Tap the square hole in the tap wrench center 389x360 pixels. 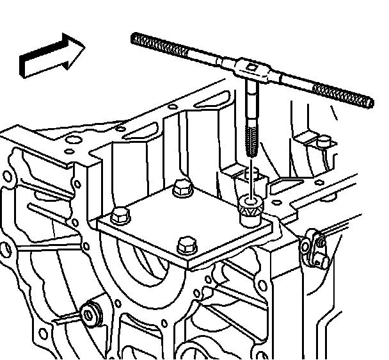253,67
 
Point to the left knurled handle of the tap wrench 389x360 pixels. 173,48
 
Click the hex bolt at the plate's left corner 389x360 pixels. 120,216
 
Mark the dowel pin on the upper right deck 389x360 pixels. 324,141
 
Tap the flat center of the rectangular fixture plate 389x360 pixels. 186,218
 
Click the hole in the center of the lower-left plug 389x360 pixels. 88,313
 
